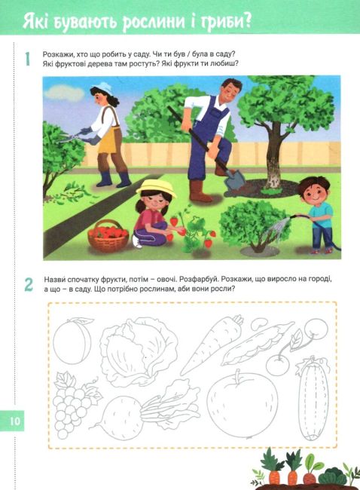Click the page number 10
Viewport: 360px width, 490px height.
click(x=14, y=421)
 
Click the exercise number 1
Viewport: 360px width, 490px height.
click(x=28, y=59)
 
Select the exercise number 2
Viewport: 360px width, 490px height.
click(x=29, y=284)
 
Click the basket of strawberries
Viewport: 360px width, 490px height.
click(x=108, y=236)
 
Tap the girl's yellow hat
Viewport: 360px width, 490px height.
click(x=156, y=188)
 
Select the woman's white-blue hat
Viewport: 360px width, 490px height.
click(x=102, y=88)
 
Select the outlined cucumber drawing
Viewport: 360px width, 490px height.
click(x=313, y=399)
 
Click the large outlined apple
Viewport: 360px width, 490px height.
click(x=243, y=403)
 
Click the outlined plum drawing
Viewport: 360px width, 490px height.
click(x=72, y=341)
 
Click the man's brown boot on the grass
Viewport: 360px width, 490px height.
click(x=199, y=191)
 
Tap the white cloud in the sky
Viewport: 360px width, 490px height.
click(x=64, y=93)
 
